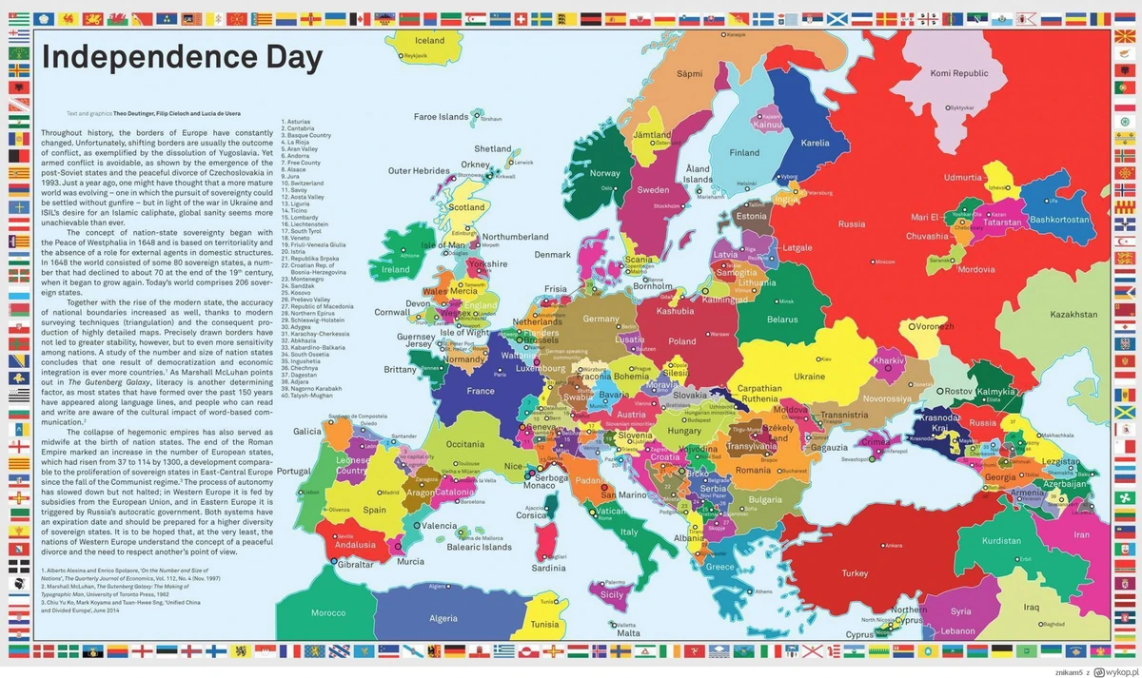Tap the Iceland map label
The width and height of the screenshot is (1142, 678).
pos(430,41)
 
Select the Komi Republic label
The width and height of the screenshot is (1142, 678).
pos(958,73)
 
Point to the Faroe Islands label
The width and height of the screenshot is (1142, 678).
pos(441,117)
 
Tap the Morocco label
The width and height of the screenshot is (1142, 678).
pos(328,612)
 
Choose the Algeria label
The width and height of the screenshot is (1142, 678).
pos(443,619)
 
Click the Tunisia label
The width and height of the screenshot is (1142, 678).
pos(545,625)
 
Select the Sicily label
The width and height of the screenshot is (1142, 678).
pos(611,594)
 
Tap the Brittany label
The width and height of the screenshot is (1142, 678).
pos(400,370)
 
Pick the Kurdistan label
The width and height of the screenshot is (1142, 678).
pos(1000,541)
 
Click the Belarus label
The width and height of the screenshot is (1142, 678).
pos(782,320)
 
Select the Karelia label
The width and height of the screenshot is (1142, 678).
pos(816,144)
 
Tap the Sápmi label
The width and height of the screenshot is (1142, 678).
pos(689,73)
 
